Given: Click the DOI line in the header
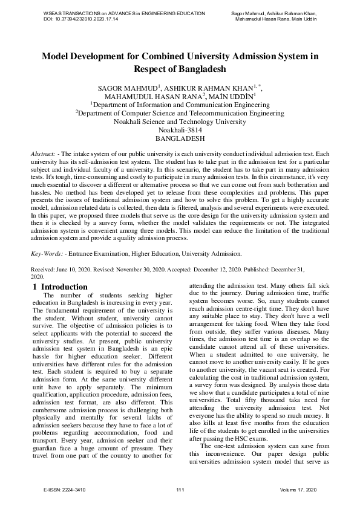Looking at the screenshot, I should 81,19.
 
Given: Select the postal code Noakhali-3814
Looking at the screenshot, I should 180,129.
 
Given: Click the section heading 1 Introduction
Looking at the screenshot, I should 61,287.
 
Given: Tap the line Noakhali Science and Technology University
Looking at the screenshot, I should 180,121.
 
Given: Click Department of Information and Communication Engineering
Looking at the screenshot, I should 180,105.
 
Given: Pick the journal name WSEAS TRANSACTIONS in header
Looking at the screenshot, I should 71,13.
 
